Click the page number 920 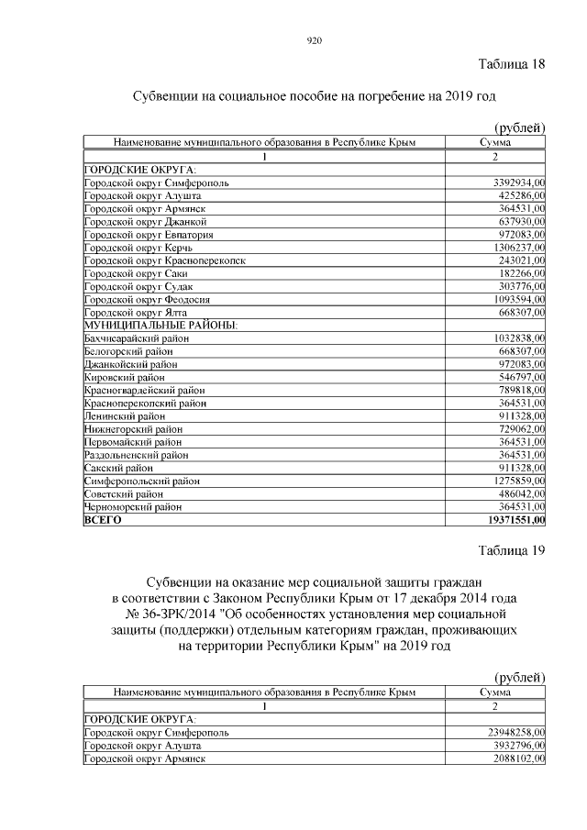(x=313, y=39)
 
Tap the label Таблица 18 (x=512, y=64)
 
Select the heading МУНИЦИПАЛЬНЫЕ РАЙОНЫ (x=161, y=326)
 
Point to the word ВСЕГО (x=102, y=519)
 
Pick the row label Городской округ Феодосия (x=147, y=299)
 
